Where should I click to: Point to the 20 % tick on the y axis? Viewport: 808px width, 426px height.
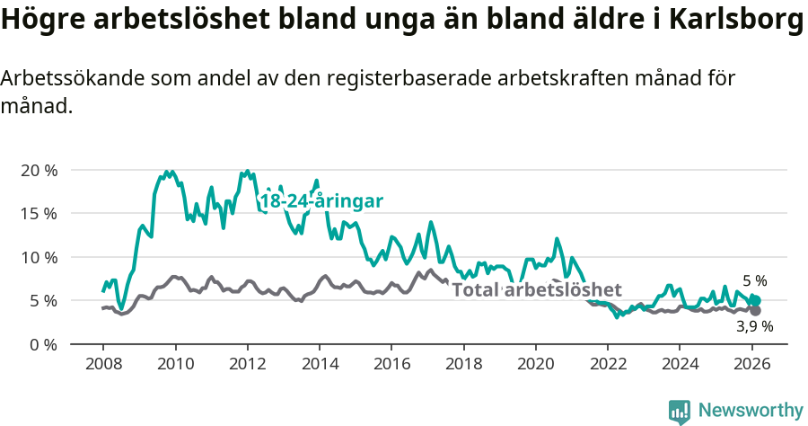coord(39,170)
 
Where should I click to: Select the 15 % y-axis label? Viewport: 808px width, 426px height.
coord(39,214)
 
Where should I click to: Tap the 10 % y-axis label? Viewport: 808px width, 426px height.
coord(39,257)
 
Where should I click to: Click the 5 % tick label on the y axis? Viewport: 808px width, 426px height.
coord(43,300)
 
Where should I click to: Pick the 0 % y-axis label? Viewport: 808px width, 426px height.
coord(43,344)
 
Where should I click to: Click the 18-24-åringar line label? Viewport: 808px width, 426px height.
coord(321,201)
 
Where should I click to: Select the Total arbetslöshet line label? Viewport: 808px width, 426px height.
coord(537,289)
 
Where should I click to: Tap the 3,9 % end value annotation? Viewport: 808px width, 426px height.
coord(754,326)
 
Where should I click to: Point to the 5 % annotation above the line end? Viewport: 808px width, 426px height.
coord(754,281)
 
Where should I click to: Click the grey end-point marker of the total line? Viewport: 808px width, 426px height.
coord(755,310)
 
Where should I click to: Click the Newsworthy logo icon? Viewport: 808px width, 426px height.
coord(680,411)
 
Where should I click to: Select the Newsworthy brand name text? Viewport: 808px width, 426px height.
coord(750,411)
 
